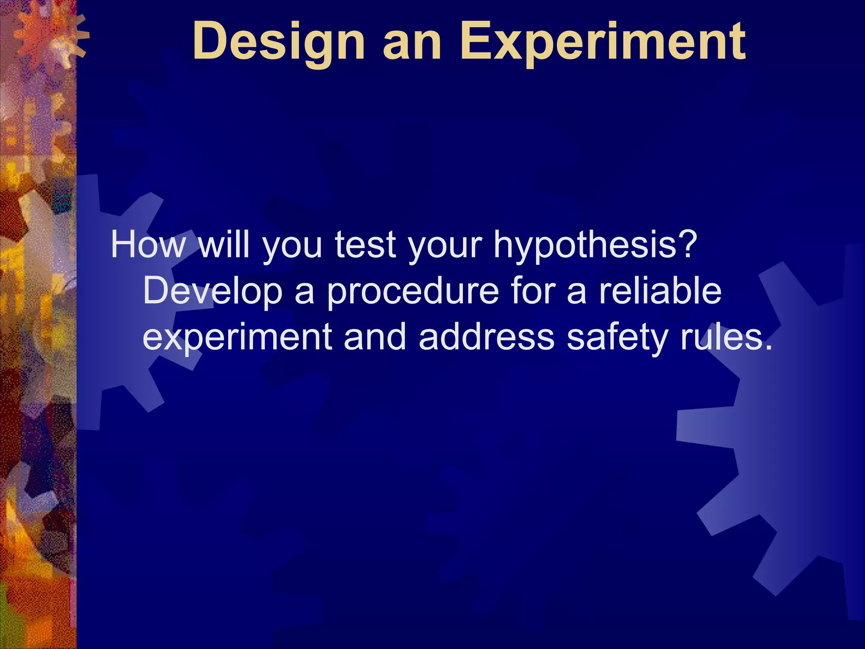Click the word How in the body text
[147, 245]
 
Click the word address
[486, 337]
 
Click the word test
[366, 245]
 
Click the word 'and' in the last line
[375, 337]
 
